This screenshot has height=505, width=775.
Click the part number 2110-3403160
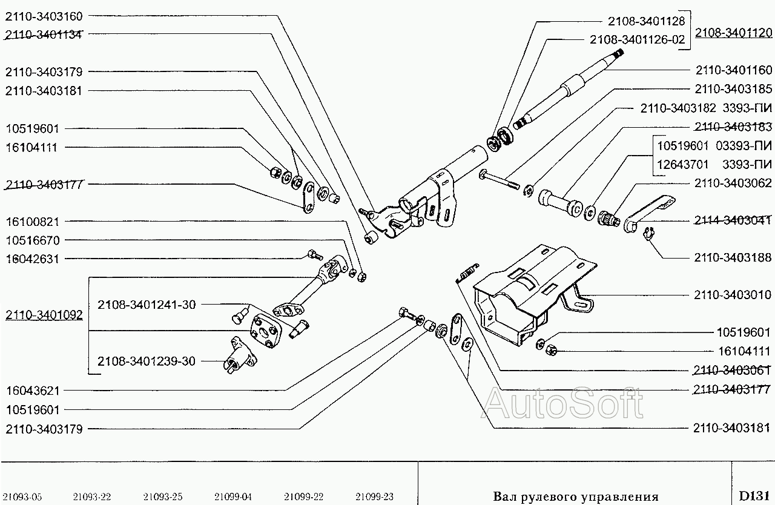44,16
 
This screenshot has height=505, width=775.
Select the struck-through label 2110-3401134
44,35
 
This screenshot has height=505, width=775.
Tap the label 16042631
33,259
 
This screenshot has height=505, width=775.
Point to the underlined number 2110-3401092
44,315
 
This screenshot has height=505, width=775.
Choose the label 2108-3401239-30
147,361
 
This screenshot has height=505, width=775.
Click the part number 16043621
33,391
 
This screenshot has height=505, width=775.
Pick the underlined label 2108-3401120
734,33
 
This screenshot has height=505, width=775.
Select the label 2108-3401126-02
638,40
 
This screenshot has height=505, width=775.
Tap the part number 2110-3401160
734,70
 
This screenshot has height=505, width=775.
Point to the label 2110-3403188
733,257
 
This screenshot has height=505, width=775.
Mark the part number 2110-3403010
733,295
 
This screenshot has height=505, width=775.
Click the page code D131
754,496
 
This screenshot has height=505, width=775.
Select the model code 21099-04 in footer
233,497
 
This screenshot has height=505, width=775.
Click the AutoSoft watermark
563,403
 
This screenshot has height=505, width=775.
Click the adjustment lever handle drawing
649,214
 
